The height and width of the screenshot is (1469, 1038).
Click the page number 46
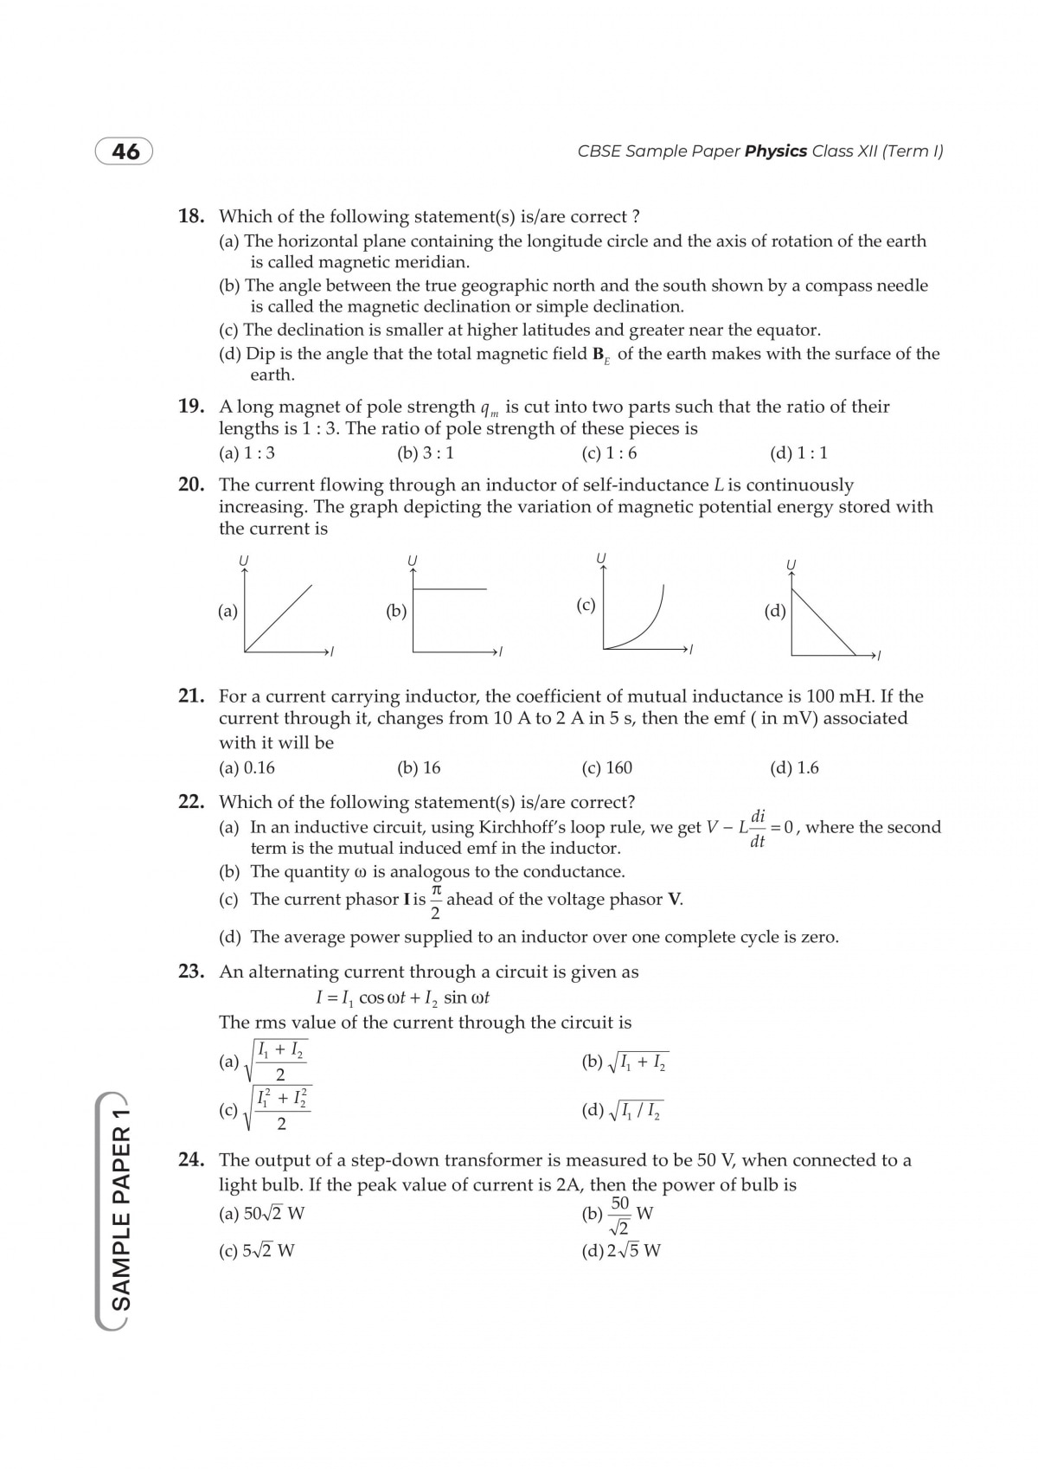click(125, 151)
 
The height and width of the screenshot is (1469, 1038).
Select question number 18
click(191, 216)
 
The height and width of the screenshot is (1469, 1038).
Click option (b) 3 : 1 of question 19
click(425, 452)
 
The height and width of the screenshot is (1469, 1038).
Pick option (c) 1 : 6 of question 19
click(609, 452)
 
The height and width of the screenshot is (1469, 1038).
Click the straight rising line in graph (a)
click(279, 617)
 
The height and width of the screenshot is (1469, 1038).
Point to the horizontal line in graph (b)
click(451, 589)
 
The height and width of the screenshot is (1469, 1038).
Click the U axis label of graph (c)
click(601, 557)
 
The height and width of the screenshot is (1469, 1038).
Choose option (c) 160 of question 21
click(607, 767)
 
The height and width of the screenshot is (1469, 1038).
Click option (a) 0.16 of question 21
click(247, 767)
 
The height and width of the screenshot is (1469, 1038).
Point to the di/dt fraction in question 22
click(758, 828)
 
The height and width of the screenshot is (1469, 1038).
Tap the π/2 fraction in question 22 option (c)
click(435, 901)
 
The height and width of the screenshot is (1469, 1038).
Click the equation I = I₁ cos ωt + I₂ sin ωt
click(402, 998)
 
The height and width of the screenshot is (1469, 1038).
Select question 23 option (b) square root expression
click(625, 1062)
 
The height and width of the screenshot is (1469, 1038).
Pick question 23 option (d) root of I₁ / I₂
click(623, 1111)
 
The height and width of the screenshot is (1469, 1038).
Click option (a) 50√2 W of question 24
click(262, 1213)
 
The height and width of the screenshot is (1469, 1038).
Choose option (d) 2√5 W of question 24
click(621, 1250)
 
